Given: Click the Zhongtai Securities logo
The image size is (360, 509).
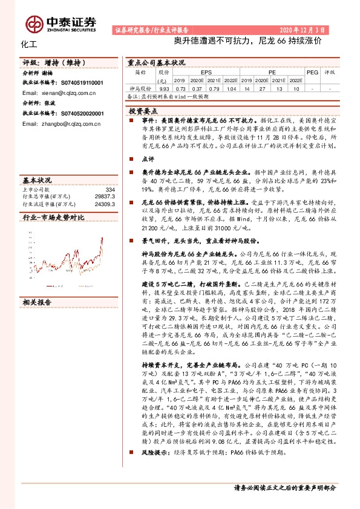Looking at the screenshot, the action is [61, 22].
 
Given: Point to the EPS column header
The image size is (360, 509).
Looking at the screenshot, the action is [206, 71].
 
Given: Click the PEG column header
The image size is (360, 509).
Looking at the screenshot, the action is [312, 71].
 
